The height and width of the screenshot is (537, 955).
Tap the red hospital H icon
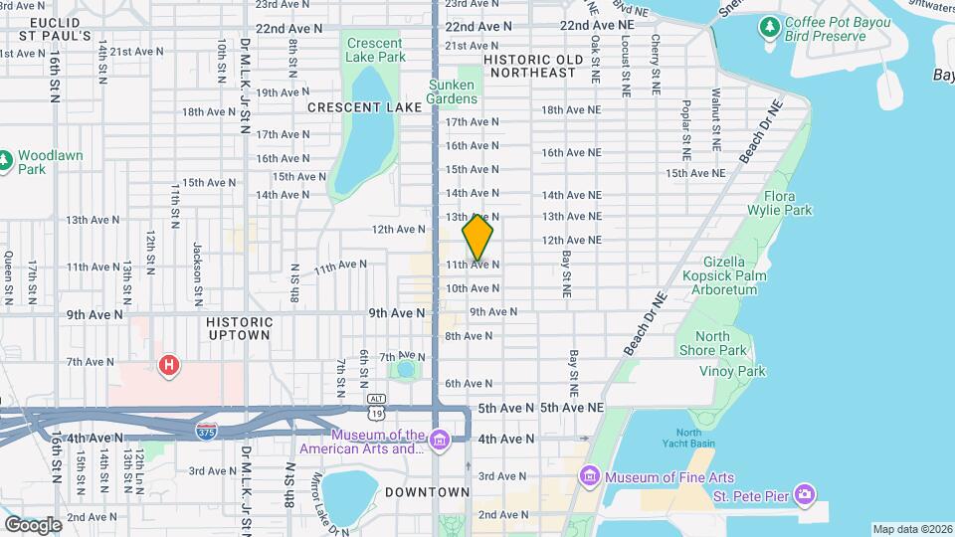170,366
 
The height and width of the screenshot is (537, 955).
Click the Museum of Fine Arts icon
590,476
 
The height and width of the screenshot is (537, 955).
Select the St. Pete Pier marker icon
806,494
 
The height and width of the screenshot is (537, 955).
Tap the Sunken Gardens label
452,91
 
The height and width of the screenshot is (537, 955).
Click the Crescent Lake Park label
375,50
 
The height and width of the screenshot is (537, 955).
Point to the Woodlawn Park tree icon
4,160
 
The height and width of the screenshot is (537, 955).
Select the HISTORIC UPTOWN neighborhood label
239,329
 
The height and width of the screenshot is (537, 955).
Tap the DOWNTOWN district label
427,492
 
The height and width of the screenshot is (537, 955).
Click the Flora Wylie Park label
787,203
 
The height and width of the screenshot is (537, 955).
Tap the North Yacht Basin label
688,438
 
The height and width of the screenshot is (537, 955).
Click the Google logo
33,524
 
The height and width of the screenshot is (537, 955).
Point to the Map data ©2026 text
912,529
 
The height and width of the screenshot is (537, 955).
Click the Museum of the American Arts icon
439,439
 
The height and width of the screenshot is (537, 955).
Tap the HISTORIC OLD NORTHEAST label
531,66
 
